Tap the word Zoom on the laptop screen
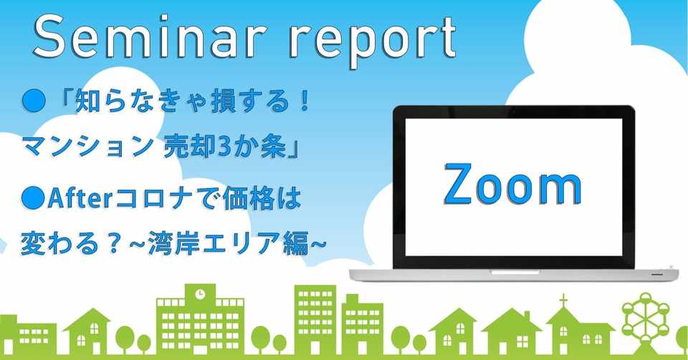coord(512,184)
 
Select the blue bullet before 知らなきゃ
coord(34,101)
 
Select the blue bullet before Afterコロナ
coord(34,199)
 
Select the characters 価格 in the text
coord(248,199)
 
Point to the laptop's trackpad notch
coord(515,273)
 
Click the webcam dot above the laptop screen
coord(514,113)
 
